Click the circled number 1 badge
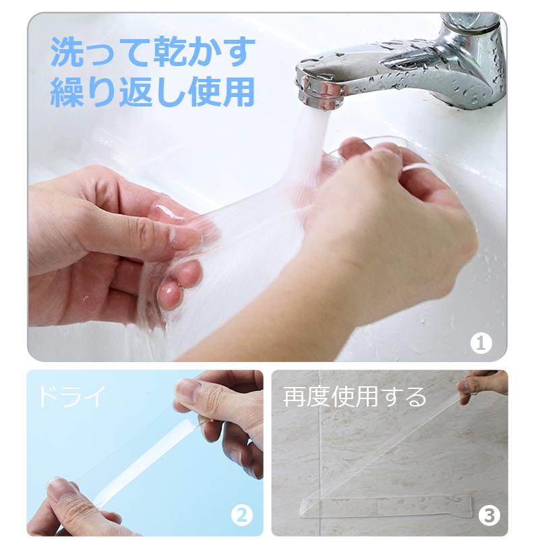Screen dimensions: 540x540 480,343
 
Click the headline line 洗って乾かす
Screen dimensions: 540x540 154,52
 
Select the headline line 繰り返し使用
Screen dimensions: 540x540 154,93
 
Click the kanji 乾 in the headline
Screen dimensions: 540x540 154,52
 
